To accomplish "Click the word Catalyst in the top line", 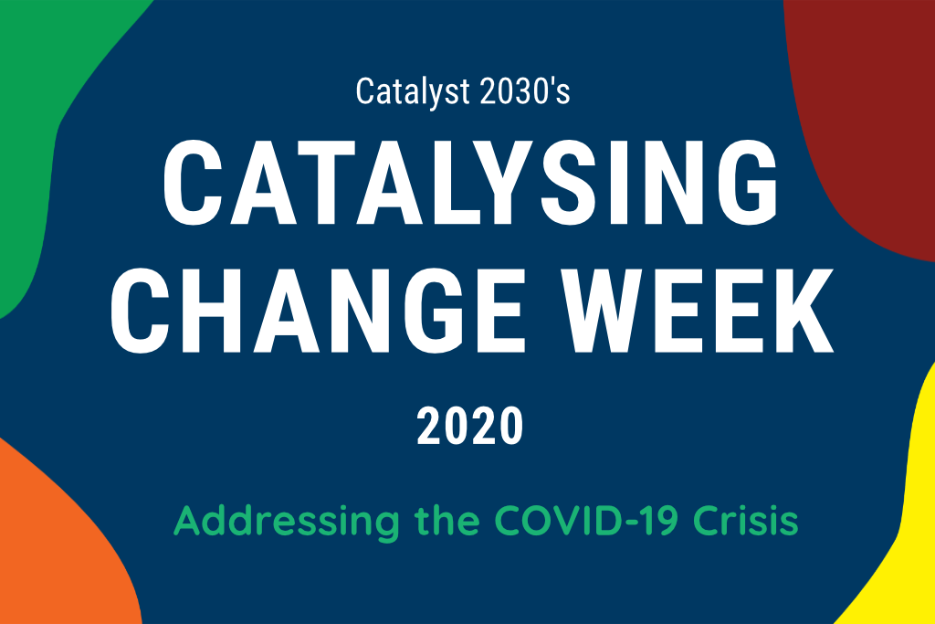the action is pyautogui.click(x=413, y=92).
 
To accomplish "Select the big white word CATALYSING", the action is pyautogui.click(x=470, y=183).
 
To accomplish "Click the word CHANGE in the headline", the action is pyautogui.click(x=318, y=311).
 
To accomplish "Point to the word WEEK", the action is pyautogui.click(x=699, y=311).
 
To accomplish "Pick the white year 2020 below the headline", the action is pyautogui.click(x=470, y=426).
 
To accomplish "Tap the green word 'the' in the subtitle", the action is pyautogui.click(x=447, y=520).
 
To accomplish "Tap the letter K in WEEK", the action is pyautogui.click(x=802, y=311).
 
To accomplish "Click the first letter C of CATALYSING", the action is pyautogui.click(x=192, y=183).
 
